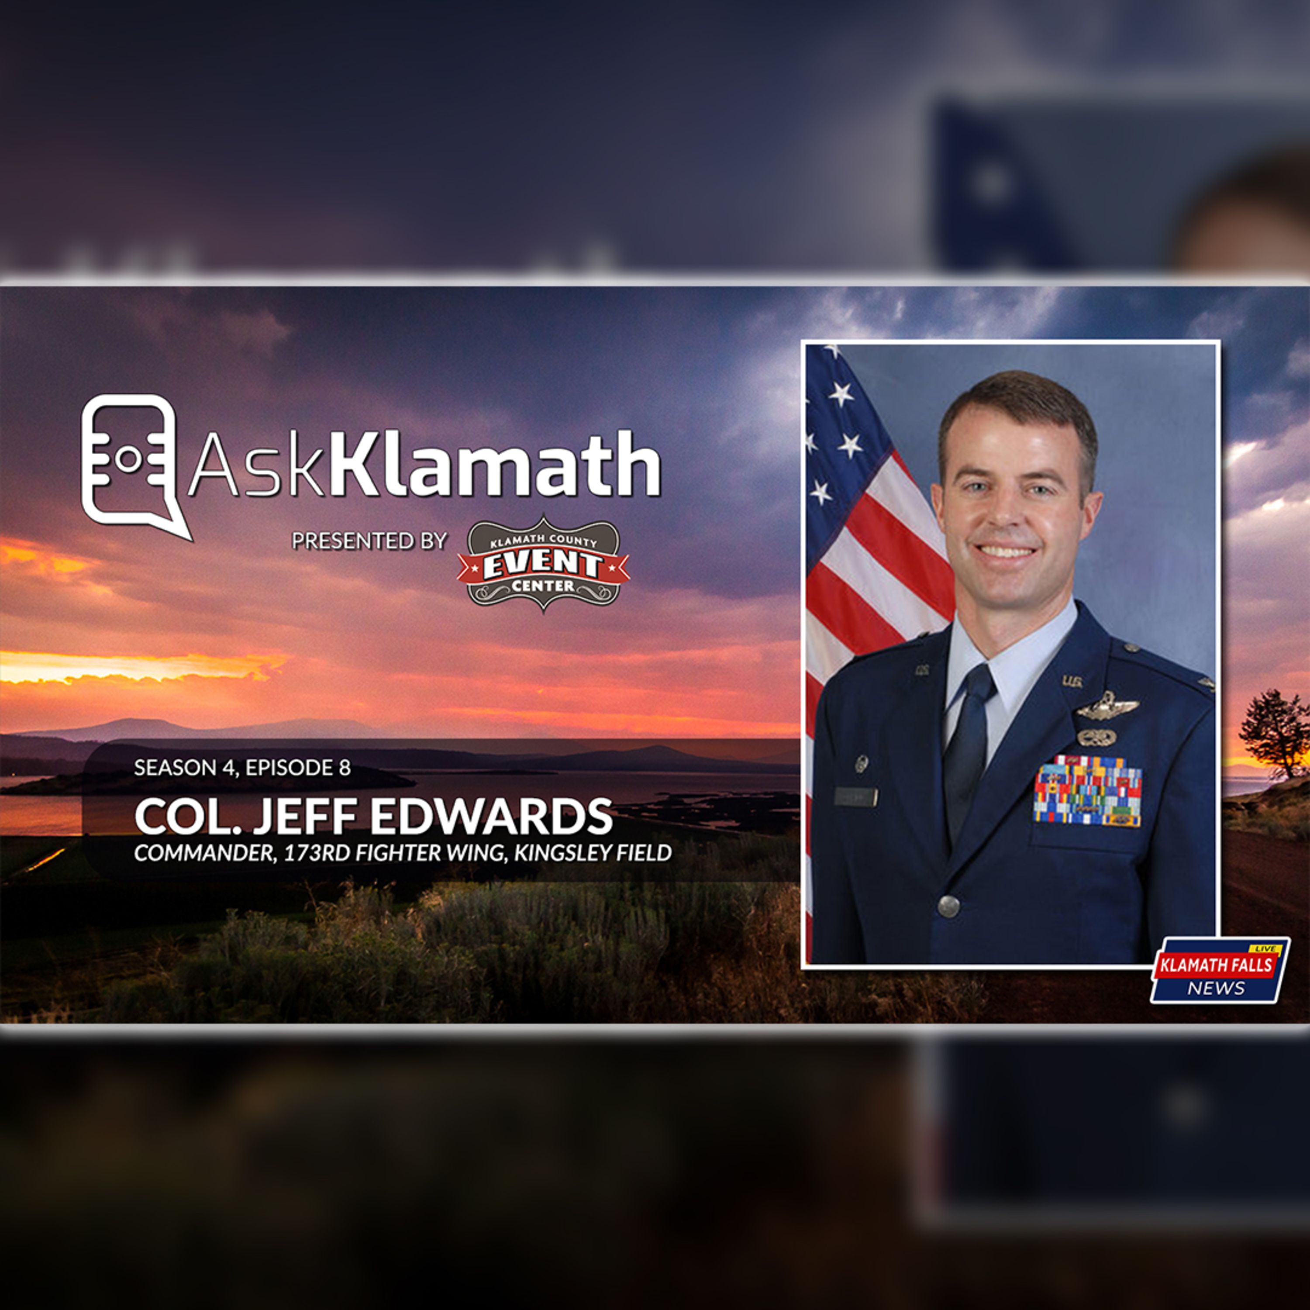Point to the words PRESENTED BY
click(x=369, y=541)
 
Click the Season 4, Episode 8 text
click(x=242, y=768)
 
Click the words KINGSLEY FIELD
click(x=593, y=853)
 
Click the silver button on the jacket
click(x=948, y=904)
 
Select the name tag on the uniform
click(x=856, y=797)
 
